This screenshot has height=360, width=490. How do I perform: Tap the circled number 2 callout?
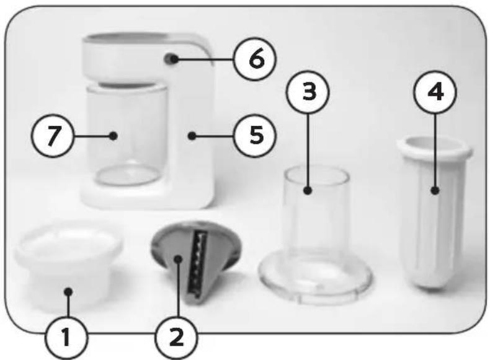click(177, 337)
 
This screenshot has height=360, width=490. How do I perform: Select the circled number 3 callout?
click(308, 92)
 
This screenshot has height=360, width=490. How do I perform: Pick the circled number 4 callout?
click(435, 92)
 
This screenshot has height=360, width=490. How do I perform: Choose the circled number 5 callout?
click(256, 135)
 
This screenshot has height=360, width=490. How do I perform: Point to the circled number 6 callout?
click(256, 59)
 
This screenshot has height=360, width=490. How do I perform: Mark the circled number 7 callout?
click(53, 136)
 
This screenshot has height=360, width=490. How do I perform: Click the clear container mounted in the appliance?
click(127, 134)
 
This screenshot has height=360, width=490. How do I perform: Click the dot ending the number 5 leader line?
click(192, 136)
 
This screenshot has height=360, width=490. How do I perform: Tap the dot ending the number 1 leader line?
click(68, 292)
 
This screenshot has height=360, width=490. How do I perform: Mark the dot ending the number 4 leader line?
click(435, 190)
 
